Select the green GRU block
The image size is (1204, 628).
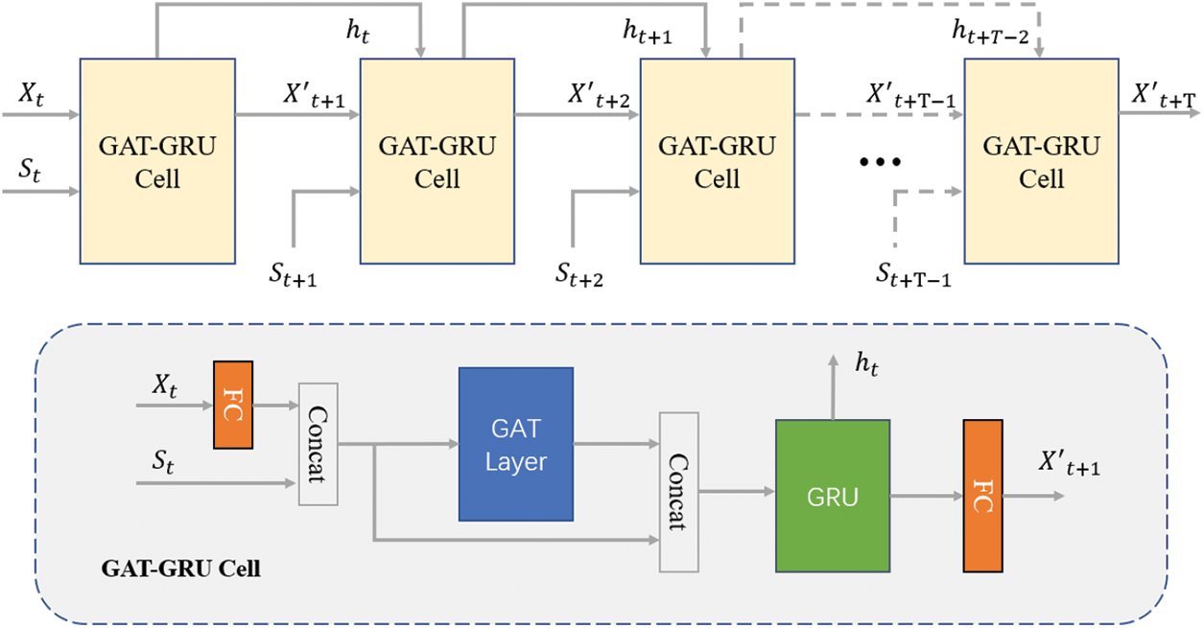click(833, 497)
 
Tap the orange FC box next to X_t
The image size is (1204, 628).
click(233, 405)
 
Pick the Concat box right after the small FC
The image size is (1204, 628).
click(320, 444)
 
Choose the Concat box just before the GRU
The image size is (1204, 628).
click(678, 491)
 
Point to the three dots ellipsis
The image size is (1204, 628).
click(881, 162)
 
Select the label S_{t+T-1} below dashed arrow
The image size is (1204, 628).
click(913, 275)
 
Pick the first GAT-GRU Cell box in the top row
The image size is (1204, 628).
click(158, 160)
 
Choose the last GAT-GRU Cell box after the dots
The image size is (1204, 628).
click(1042, 160)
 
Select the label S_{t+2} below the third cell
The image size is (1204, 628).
click(578, 275)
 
